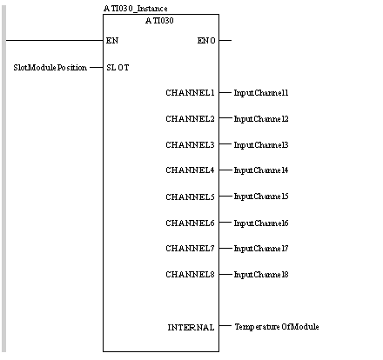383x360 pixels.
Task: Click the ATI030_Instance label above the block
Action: (x=135, y=9)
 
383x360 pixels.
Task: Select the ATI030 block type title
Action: (x=159, y=21)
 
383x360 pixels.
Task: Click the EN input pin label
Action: (x=112, y=40)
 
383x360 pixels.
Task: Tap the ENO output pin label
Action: (x=206, y=40)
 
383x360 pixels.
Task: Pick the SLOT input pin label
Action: (x=118, y=68)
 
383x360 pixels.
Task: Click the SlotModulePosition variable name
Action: (x=50, y=68)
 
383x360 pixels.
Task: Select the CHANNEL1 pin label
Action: (x=190, y=93)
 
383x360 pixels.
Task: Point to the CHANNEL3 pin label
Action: (x=190, y=144)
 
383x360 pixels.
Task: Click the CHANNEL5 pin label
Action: (x=190, y=197)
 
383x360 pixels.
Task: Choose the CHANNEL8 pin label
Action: (x=190, y=274)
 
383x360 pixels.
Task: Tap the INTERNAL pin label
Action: (x=191, y=327)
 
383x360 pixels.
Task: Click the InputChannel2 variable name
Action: (x=261, y=119)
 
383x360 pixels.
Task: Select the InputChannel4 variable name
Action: (x=261, y=170)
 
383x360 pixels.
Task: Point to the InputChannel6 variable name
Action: (x=261, y=223)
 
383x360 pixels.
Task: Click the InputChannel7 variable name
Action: (x=261, y=249)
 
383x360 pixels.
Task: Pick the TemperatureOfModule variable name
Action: (x=277, y=327)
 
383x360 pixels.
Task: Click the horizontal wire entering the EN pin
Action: (x=55, y=40)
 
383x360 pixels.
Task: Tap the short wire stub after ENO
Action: (x=225, y=40)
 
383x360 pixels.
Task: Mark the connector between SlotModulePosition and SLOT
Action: (x=97, y=68)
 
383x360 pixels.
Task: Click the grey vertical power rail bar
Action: (x=3, y=179)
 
